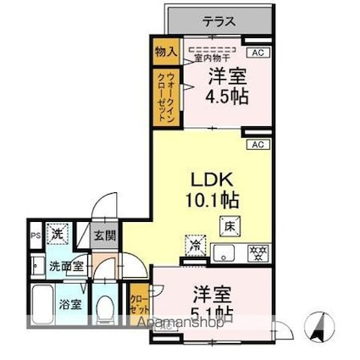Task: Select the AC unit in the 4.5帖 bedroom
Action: click(259, 53)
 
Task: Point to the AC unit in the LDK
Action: click(259, 145)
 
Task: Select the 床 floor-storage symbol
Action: click(230, 225)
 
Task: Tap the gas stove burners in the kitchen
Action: click(255, 252)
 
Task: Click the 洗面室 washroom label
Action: click(65, 266)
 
